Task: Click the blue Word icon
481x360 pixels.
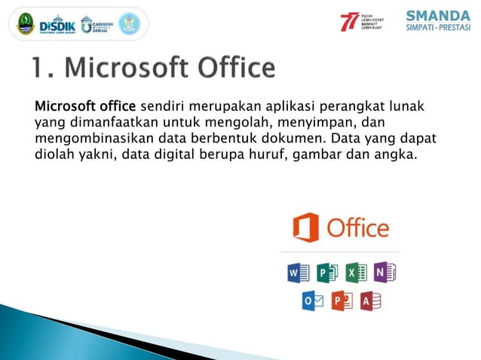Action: click(x=298, y=272)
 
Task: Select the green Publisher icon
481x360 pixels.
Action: click(x=327, y=272)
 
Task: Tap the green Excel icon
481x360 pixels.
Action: click(x=356, y=272)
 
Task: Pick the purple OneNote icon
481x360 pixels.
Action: click(x=384, y=272)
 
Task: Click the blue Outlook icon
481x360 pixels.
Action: click(x=312, y=301)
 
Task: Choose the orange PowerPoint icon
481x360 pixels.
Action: click(x=342, y=301)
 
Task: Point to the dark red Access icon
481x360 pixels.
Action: click(x=370, y=301)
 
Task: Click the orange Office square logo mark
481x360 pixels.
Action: click(x=305, y=227)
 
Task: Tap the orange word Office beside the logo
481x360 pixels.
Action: click(x=357, y=228)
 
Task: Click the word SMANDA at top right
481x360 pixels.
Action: click(x=437, y=16)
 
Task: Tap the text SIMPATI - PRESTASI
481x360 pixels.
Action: click(x=437, y=30)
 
